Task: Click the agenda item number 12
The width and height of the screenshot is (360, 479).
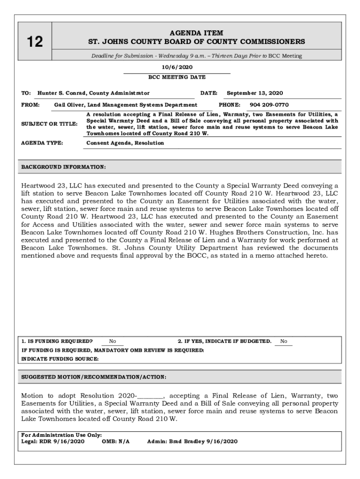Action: [x=34, y=42]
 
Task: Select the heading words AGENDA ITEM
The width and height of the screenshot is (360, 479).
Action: [x=196, y=33]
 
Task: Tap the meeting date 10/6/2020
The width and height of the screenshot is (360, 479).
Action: [x=177, y=67]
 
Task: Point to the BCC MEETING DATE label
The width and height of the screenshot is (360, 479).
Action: [x=177, y=77]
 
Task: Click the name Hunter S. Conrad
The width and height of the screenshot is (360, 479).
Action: [x=62, y=93]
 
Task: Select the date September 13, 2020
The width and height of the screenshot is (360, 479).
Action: [x=255, y=93]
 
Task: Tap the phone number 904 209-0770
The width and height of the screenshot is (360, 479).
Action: [x=269, y=105]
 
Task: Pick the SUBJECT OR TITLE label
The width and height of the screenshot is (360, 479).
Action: [x=50, y=124]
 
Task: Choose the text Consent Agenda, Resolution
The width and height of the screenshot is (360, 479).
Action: [x=125, y=143]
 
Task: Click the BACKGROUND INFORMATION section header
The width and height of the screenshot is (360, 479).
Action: [x=64, y=167]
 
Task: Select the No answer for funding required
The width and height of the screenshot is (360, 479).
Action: [x=113, y=341]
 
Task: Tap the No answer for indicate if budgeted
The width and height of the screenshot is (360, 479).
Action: [x=283, y=341]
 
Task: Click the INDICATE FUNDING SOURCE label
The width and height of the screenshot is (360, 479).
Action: [x=60, y=359]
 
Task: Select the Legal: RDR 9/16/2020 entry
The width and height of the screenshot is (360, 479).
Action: [x=53, y=441]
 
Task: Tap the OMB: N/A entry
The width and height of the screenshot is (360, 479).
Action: [x=115, y=441]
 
